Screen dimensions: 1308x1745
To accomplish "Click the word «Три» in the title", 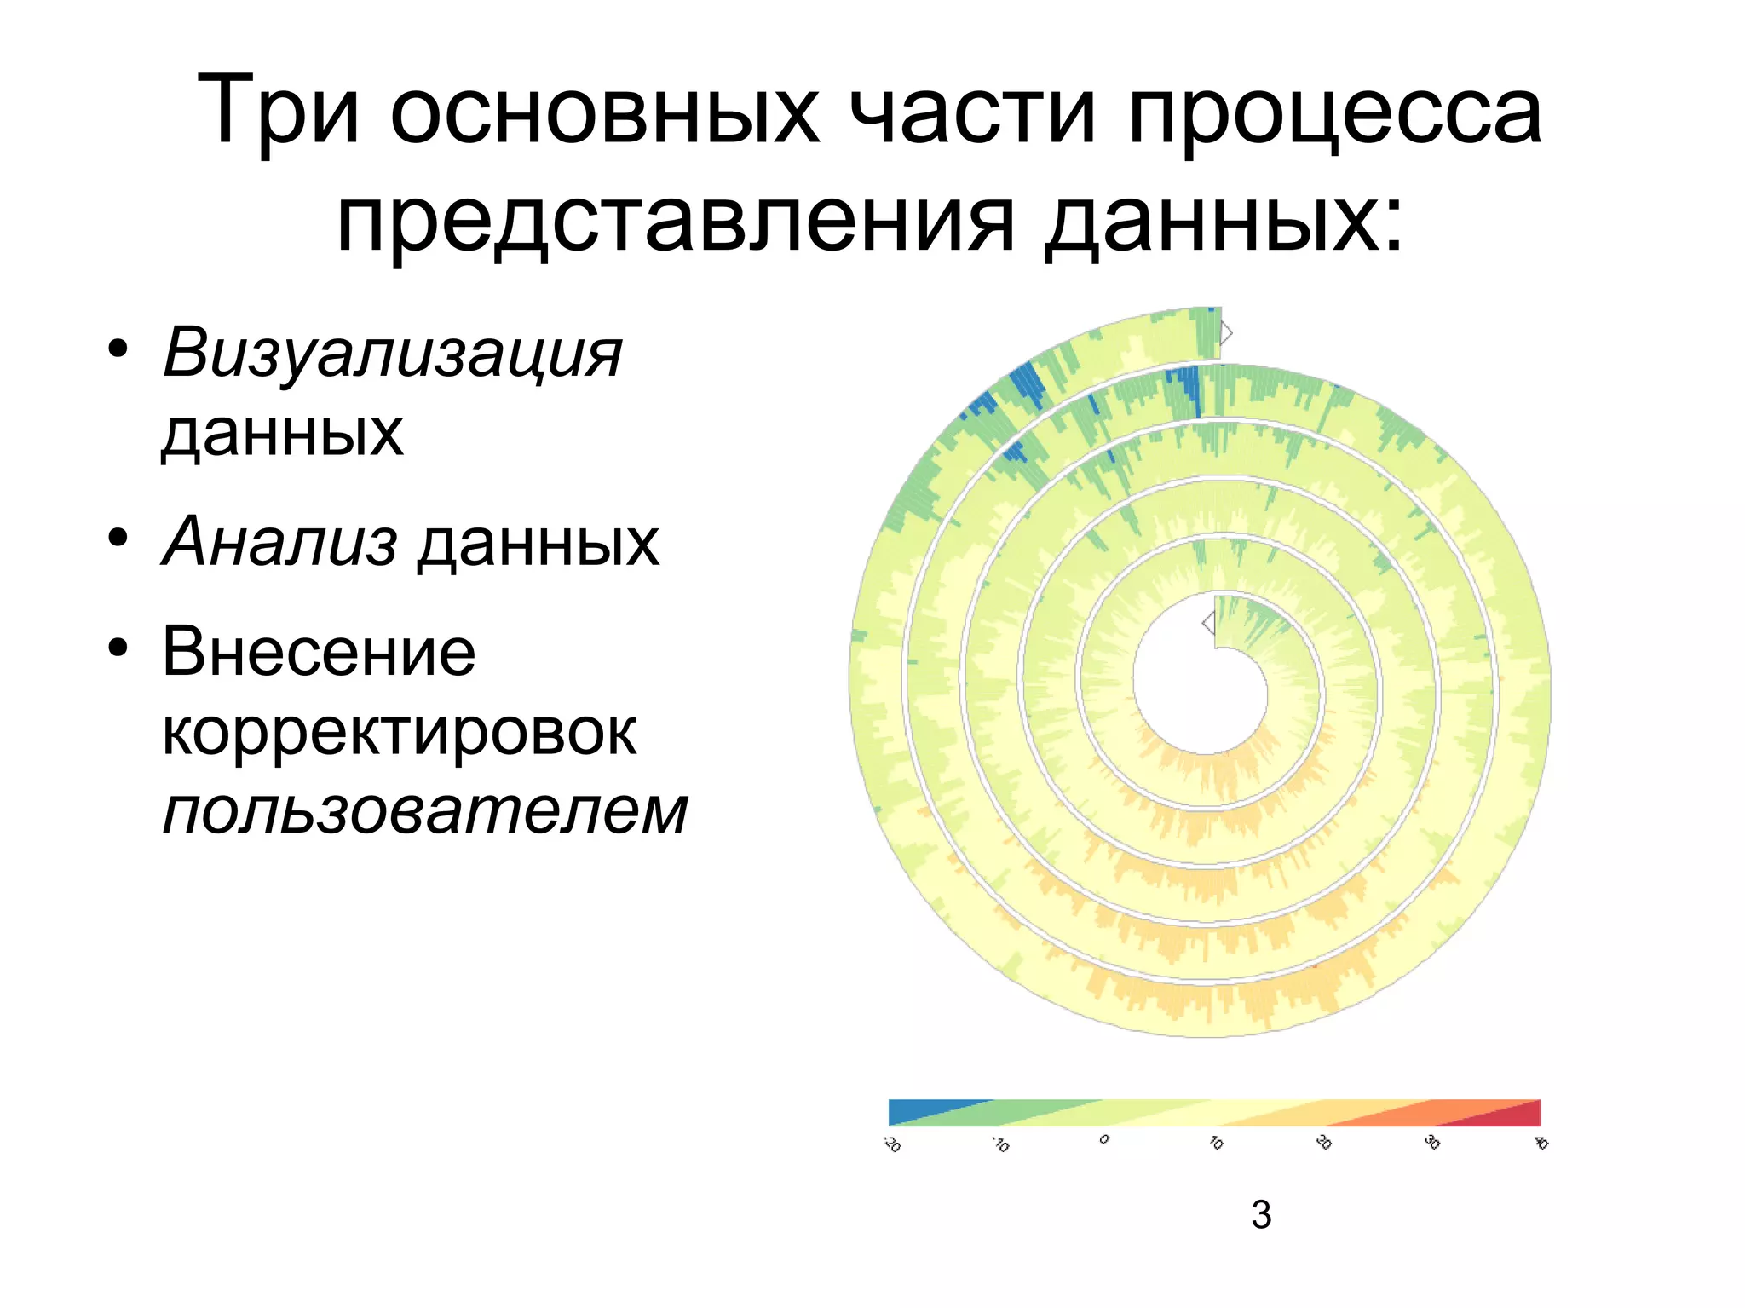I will tap(278, 111).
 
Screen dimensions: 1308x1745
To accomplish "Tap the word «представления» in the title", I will tap(676, 220).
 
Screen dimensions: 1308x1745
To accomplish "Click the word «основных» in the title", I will tap(605, 112).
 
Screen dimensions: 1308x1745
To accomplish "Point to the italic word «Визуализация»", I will tap(393, 354).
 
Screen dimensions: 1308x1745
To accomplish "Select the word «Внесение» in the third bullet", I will tap(319, 652).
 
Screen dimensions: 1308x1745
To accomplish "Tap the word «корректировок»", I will tap(399, 732).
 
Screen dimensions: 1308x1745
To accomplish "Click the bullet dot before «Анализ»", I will tap(118, 538).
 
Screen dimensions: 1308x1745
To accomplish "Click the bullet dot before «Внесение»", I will tap(118, 648).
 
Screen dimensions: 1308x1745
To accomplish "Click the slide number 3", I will tap(1261, 1214).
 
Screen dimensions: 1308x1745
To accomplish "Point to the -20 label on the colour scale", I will tap(892, 1144).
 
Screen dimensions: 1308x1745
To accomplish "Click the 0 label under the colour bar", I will tap(1104, 1139).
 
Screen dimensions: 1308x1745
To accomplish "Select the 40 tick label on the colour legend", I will tap(1541, 1142).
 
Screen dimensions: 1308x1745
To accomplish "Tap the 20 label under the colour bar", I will tap(1323, 1142).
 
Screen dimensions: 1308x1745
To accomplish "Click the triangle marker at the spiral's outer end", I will tap(1226, 332).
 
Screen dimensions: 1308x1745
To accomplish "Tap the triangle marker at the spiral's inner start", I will tap(1208, 623).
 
